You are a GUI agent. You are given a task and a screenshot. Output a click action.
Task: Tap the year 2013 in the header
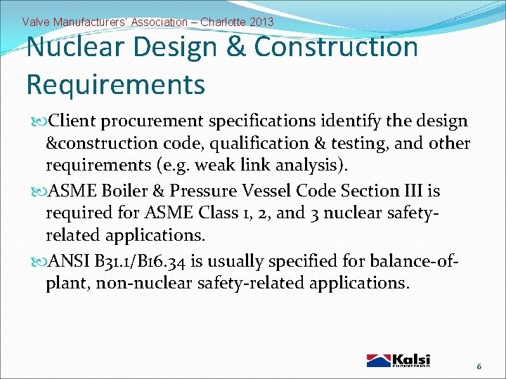coord(261,22)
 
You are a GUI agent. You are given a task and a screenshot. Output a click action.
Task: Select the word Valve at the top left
coord(36,22)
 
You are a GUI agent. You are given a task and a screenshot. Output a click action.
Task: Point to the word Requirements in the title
coord(115,84)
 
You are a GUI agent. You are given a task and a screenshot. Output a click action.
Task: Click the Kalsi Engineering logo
coord(398,360)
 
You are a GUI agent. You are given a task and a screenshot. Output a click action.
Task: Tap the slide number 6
coord(479,366)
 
